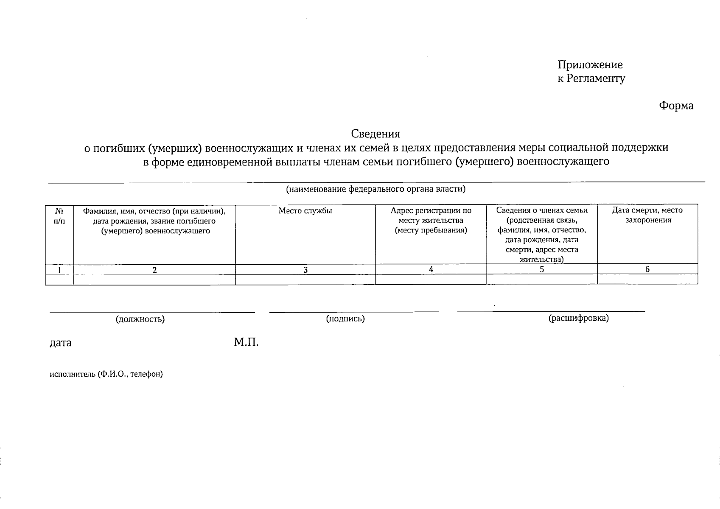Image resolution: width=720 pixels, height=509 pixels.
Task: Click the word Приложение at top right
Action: coord(590,65)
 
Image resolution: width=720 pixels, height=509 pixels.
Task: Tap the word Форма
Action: coord(676,106)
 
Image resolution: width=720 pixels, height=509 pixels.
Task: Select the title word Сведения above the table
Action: coord(375,134)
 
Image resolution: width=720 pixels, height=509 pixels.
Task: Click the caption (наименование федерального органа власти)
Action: coord(375,189)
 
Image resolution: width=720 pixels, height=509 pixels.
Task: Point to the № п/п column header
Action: coord(59,216)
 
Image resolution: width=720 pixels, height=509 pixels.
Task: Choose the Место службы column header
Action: coord(305,211)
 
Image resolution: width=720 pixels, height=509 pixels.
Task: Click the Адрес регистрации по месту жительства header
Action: coord(431,221)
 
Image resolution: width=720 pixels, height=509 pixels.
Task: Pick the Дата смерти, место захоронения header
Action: coord(647,215)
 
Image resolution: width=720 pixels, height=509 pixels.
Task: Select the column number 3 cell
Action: coord(305,270)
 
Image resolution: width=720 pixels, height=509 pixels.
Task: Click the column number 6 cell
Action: coord(647,269)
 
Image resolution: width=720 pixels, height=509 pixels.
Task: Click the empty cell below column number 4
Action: coord(431,280)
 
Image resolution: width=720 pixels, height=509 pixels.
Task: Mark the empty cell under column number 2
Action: coord(154,280)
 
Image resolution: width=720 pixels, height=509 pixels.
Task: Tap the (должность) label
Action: coord(140,319)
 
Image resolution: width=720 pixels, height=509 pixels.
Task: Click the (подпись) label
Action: coord(345,319)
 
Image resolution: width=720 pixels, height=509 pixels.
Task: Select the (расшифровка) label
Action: coord(578,318)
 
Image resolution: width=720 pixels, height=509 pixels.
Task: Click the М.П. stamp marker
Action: coord(246,342)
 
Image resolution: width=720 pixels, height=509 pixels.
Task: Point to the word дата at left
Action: coord(61,343)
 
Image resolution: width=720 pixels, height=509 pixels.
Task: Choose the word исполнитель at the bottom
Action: coord(72,374)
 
